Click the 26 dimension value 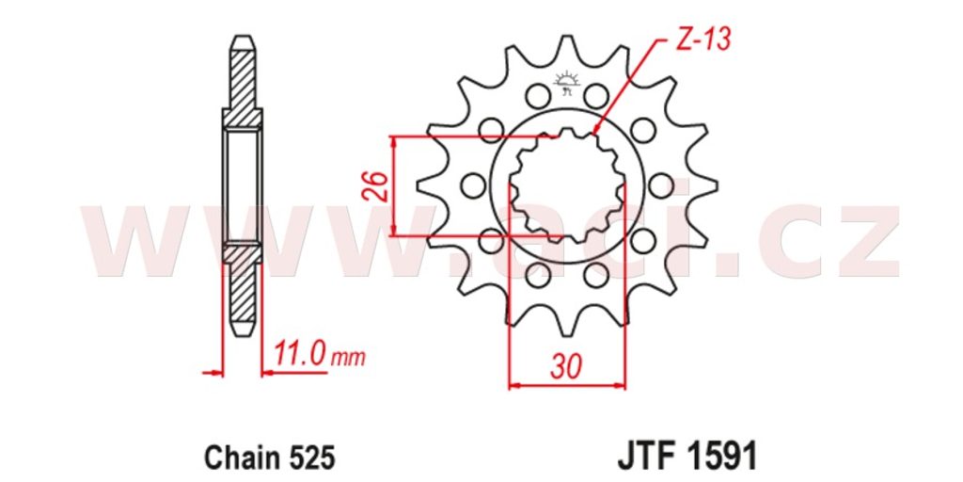coord(378,186)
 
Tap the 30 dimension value coord(565,368)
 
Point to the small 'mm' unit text coord(348,358)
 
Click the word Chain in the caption coord(237,458)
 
